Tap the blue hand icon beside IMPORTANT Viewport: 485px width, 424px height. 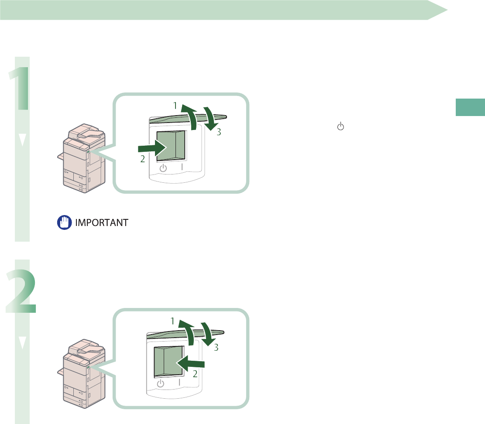click(x=63, y=222)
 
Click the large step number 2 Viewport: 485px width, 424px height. click(x=21, y=291)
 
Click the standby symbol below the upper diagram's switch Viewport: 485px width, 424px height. click(x=163, y=168)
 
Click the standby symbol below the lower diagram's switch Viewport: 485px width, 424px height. click(x=161, y=383)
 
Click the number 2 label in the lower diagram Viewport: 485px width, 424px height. click(x=196, y=373)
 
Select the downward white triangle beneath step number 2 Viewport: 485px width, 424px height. click(x=22, y=343)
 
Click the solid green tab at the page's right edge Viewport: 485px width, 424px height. click(x=470, y=107)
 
